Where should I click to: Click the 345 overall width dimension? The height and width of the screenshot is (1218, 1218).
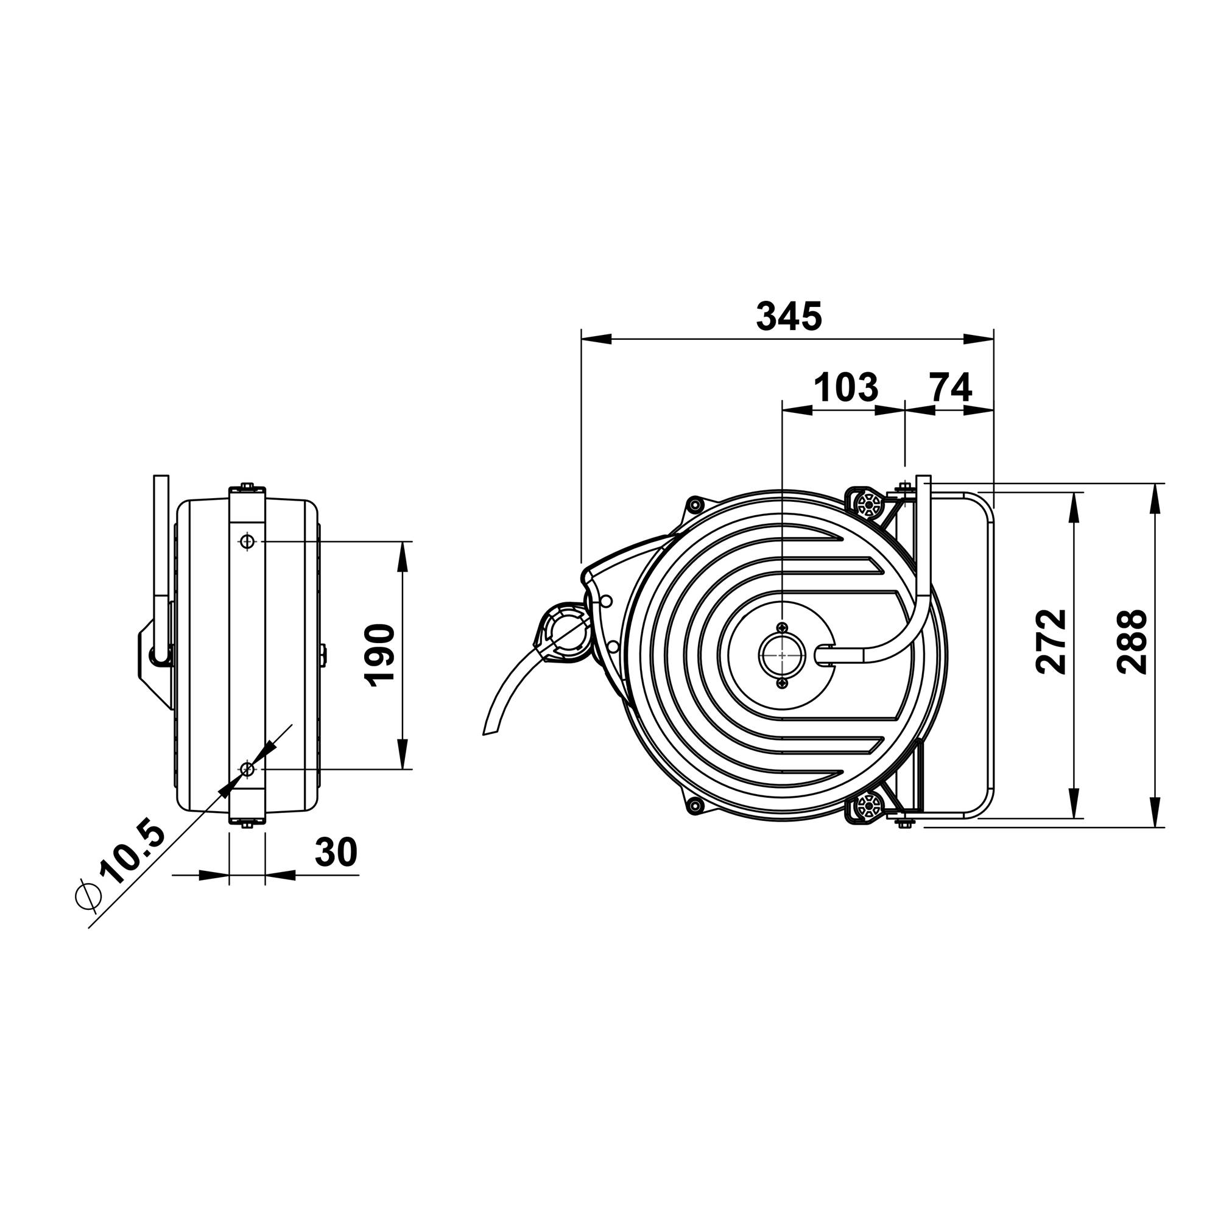coord(789,317)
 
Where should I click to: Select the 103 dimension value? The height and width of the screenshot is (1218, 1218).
coord(846,387)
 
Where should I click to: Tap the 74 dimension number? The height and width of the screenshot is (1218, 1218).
coord(951,387)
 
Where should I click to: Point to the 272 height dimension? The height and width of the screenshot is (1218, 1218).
coord(1051,641)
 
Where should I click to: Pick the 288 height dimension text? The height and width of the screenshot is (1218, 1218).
coord(1131,641)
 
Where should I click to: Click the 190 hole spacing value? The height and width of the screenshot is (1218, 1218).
coord(379,655)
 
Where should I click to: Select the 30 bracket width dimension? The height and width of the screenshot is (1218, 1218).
coord(336,853)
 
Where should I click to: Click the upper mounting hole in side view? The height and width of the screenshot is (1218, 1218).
coord(247,541)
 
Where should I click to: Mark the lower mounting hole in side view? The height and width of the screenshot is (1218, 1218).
coord(247,769)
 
